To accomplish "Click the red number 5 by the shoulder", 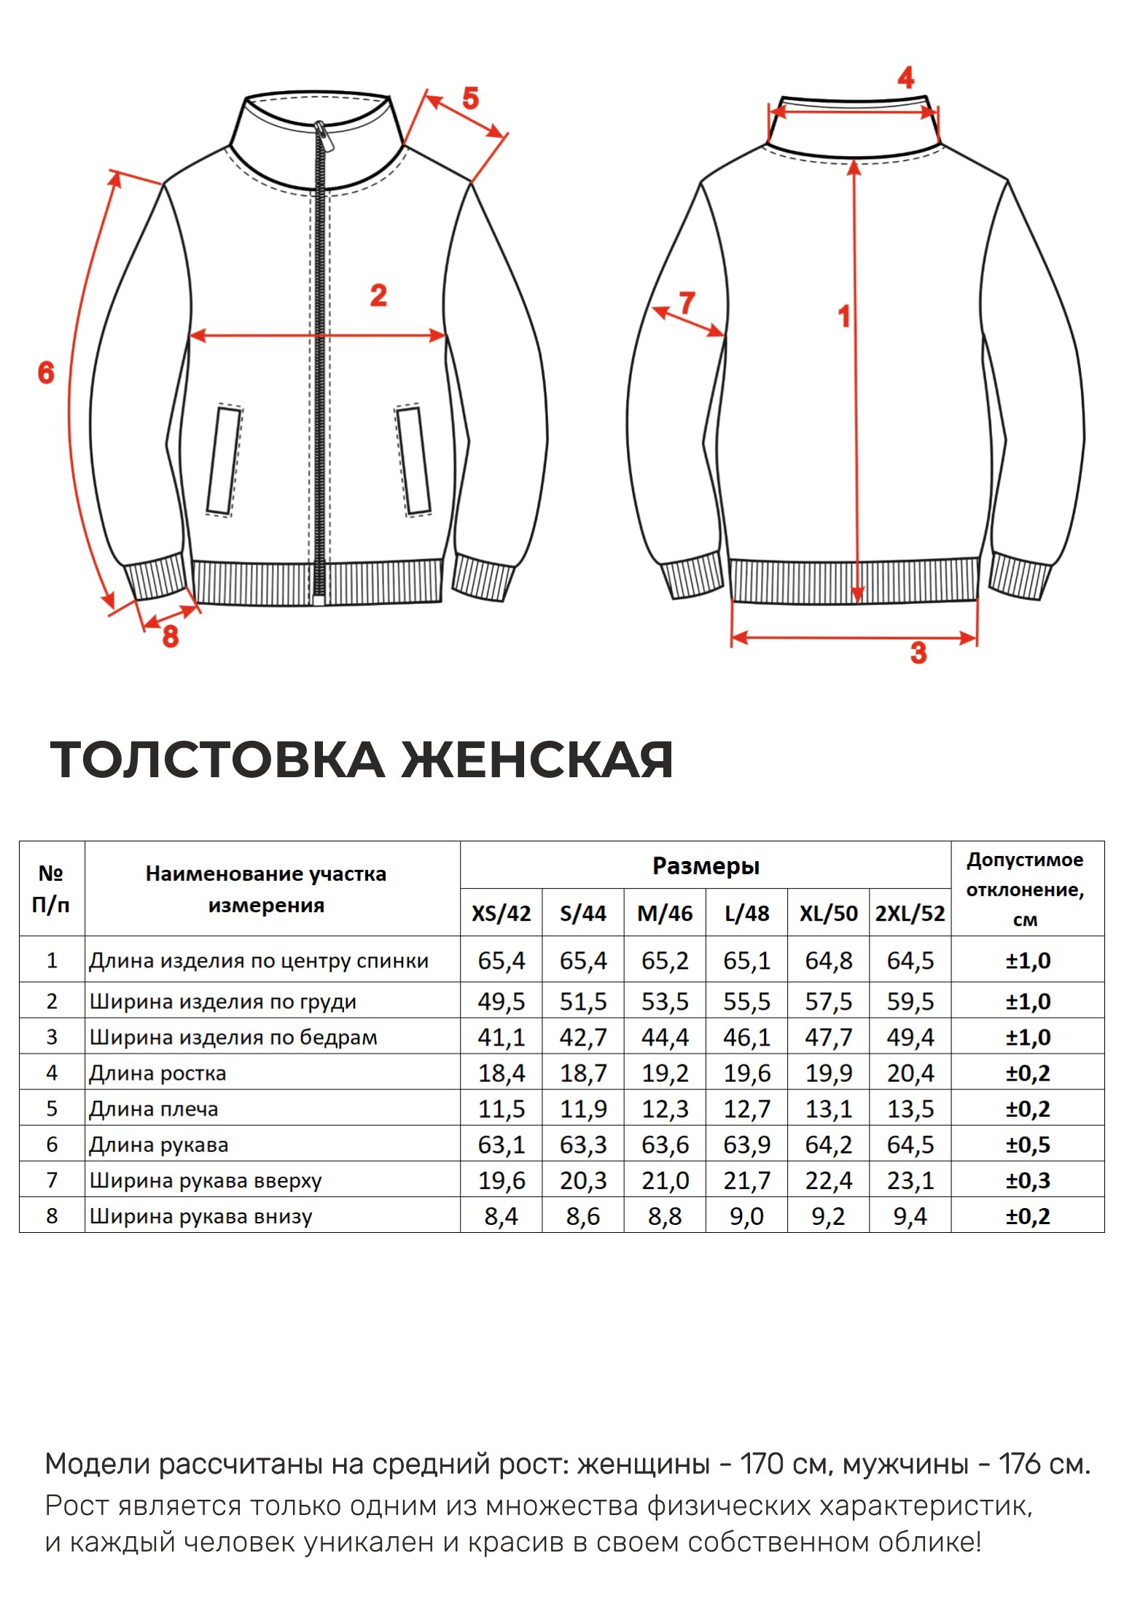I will coord(470,98).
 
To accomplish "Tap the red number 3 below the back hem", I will coord(918,653).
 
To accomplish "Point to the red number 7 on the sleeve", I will coord(687,303).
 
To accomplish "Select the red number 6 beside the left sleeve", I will coord(46,373).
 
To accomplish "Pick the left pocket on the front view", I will coord(224,461).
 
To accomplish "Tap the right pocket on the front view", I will coord(413,461).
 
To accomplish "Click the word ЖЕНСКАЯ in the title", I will coord(536,760).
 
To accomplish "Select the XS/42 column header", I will coord(501,914).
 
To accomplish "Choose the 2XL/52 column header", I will coord(910,914).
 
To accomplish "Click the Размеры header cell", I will coord(706,866).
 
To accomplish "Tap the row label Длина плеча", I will coord(154,1109).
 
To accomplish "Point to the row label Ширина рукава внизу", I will coord(200,1216).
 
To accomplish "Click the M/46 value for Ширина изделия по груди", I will coord(665,1002).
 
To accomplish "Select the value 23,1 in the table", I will coord(910,1180).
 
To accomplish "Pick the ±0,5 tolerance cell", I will coord(1028,1145).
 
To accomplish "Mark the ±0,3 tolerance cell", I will coord(1028,1180).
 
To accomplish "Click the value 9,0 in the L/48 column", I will coord(746,1216).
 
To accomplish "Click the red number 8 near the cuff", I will coord(171,636).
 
